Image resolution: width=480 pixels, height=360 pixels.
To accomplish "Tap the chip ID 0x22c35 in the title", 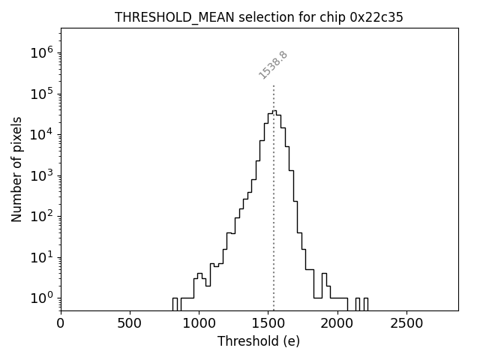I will [376, 17].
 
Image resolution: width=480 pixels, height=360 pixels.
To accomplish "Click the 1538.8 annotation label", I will [274, 65].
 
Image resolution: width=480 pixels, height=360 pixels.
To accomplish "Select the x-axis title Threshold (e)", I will [259, 341].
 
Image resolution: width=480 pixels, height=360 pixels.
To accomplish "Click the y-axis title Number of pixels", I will [17, 169].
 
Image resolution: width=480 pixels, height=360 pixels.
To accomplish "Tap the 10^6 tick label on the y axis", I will [41, 52].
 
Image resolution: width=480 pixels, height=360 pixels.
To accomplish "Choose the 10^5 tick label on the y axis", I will [41, 94].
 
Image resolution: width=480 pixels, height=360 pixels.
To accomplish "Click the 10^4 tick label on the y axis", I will [41, 134].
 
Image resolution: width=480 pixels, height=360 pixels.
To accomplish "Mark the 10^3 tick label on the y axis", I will [41, 175].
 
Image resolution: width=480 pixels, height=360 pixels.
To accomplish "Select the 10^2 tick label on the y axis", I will [41, 216].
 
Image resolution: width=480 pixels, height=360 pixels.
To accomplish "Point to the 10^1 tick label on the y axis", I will [41, 257].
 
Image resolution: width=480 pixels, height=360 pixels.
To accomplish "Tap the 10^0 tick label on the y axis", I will [41, 298].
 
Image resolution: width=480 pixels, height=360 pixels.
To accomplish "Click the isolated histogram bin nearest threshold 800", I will [175, 303].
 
